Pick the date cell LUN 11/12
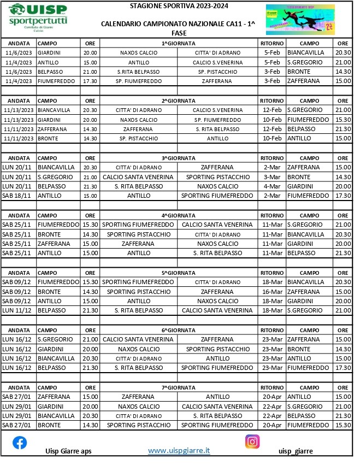(19, 310)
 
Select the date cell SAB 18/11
(19, 196)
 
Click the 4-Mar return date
(272, 186)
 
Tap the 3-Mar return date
(272, 177)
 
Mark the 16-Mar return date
(272, 292)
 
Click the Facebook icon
(20, 443)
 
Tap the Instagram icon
(252, 441)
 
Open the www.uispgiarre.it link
(179, 450)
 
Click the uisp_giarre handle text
(296, 451)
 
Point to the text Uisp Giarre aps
(68, 451)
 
